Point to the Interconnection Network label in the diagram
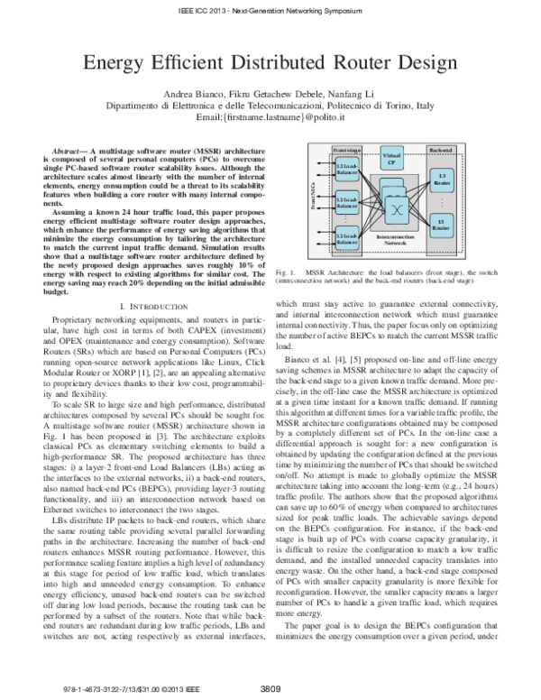point(393,241)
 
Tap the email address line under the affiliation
point(270,118)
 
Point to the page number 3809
point(273,690)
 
